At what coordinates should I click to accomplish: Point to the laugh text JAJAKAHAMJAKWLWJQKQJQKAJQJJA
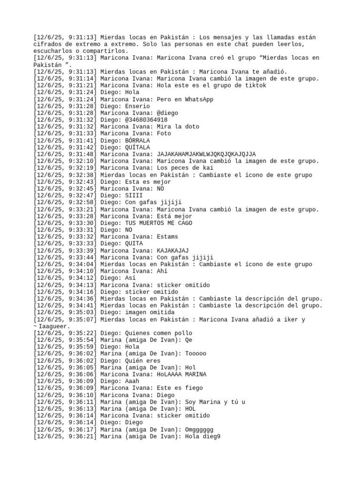point(206,154)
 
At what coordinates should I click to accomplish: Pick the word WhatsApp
point(197,99)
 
